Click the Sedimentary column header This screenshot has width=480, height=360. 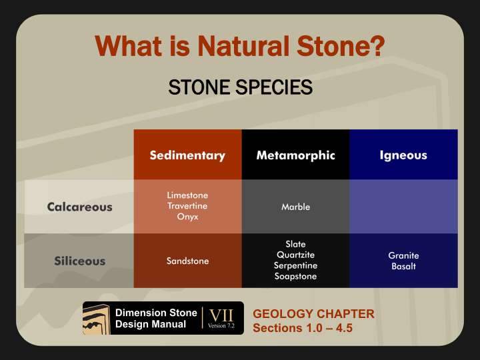coord(187,155)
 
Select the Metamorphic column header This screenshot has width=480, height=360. coord(296,155)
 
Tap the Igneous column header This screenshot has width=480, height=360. coord(403,155)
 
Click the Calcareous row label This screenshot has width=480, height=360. coord(79,207)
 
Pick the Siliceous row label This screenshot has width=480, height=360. coord(79,261)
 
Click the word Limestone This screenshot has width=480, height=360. coord(187,195)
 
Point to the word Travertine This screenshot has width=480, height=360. coord(187,206)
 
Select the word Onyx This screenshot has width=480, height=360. coord(187,217)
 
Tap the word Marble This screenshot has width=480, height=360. coord(296,207)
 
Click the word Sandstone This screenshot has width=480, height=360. coord(187,261)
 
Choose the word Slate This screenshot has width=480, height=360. coord(296,244)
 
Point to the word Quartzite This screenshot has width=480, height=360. coord(296,255)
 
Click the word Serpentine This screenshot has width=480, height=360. coord(296,265)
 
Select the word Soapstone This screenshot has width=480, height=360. coord(296,276)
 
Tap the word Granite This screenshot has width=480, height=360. coord(403,255)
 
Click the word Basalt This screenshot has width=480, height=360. coord(403,266)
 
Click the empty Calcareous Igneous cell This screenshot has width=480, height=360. coord(403,207)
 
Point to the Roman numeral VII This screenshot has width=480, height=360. coord(221,315)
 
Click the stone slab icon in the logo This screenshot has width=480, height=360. coord(97,319)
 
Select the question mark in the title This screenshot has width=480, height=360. coord(379,46)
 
